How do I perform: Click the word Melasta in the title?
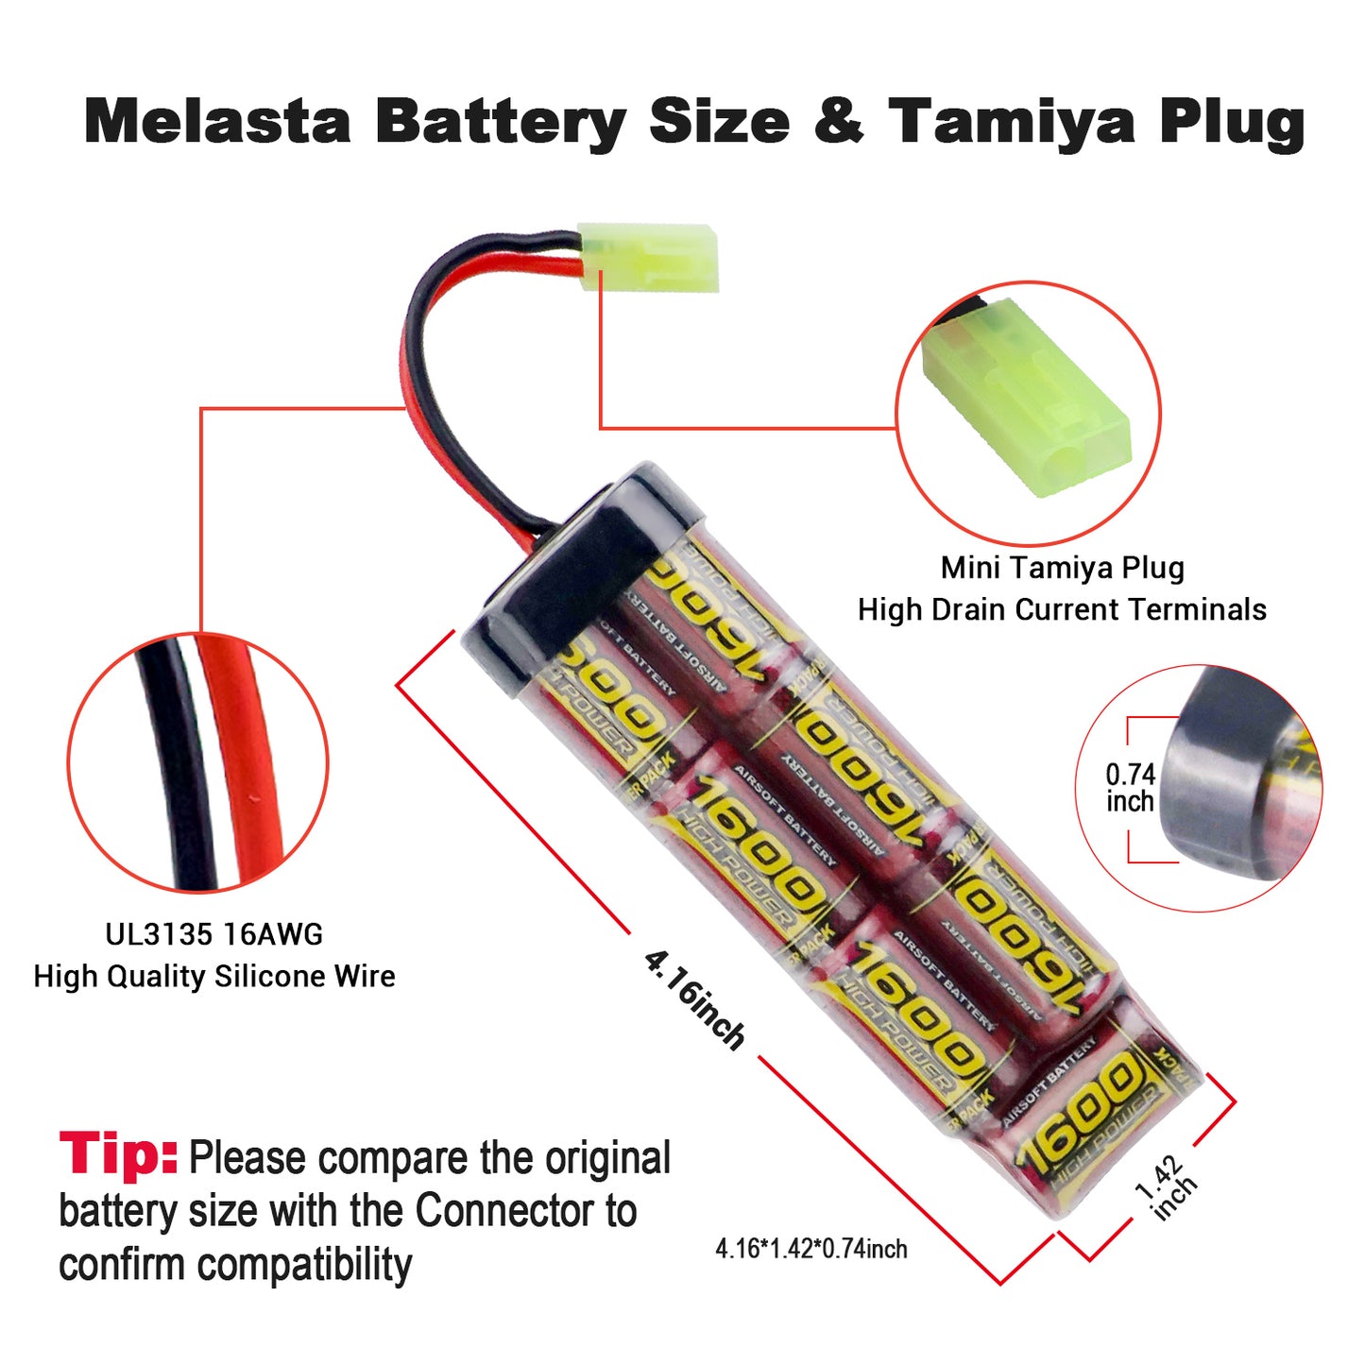click(217, 122)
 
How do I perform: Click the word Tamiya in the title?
click(1012, 122)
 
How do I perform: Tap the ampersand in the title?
click(838, 122)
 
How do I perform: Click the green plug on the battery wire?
click(649, 256)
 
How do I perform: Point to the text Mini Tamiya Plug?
click(1062, 568)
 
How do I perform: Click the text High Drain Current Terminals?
click(1062, 610)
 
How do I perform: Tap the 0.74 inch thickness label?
click(1131, 788)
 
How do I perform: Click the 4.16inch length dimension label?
click(694, 1000)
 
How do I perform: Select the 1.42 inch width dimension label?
click(1165, 1187)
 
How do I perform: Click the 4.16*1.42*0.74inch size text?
click(811, 1249)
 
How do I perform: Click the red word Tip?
click(118, 1153)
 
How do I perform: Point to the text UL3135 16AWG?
click(213, 934)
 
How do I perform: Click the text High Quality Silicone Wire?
click(213, 976)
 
